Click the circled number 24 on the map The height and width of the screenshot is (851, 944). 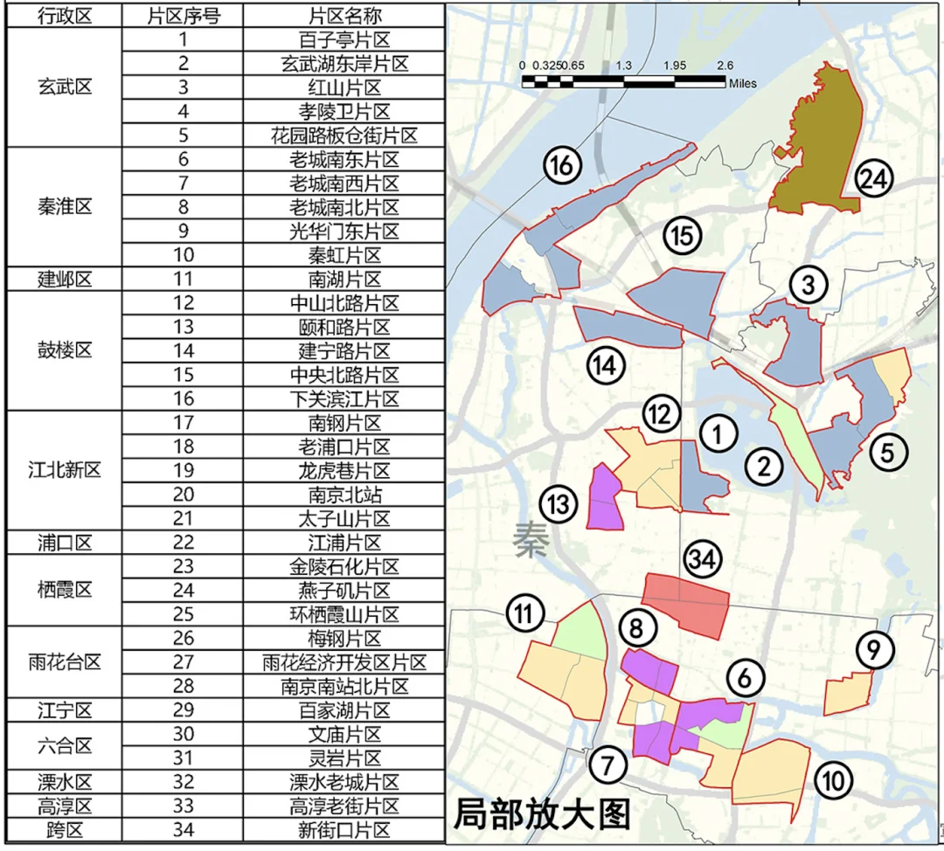click(873, 179)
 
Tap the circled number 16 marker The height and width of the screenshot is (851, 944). click(562, 164)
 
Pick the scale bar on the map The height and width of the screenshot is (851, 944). click(624, 82)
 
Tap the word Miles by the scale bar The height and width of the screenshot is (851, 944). click(743, 84)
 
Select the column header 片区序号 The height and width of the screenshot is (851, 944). click(182, 16)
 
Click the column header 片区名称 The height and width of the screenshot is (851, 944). click(344, 16)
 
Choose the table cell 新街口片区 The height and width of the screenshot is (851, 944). click(344, 829)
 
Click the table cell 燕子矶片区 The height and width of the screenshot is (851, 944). click(344, 591)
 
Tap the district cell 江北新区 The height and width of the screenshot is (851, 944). click(64, 470)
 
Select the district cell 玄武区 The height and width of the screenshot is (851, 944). click(64, 87)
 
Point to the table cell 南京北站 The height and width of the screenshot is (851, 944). click(344, 495)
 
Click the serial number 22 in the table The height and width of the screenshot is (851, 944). click(182, 543)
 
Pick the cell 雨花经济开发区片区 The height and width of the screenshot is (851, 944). click(344, 662)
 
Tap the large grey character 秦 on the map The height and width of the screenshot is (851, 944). click(531, 540)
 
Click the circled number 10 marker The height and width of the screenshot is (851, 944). click(834, 780)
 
